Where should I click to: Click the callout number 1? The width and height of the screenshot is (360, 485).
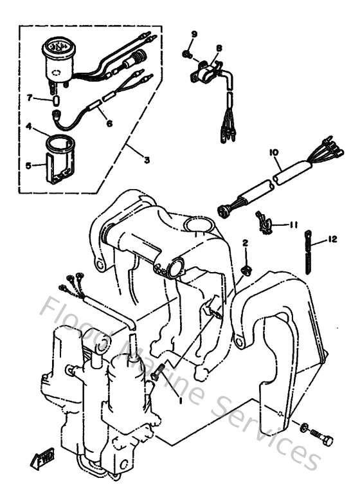click(180, 399)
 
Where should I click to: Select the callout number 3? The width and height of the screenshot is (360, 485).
click(147, 160)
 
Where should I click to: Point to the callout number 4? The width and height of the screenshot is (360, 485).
click(29, 127)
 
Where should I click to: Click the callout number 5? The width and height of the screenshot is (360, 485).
click(28, 165)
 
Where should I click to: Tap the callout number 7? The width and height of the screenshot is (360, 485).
click(29, 98)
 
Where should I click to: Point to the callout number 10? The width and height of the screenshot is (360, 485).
click(273, 152)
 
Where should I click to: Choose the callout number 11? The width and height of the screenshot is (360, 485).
click(293, 224)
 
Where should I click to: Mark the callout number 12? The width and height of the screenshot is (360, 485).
click(332, 239)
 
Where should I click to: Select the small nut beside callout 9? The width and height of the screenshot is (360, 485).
click(186, 54)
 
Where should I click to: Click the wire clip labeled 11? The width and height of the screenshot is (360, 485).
click(262, 222)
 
